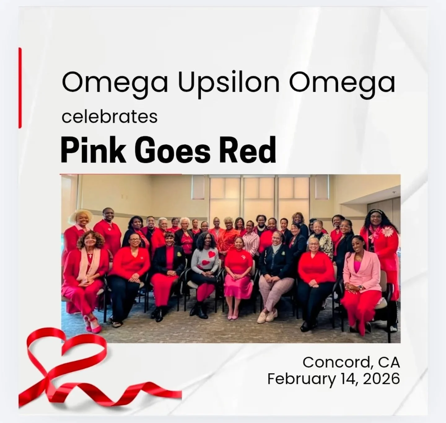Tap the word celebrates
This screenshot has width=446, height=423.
click(109, 117)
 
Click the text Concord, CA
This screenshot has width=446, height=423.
click(351, 362)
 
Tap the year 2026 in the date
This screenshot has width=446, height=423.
click(381, 379)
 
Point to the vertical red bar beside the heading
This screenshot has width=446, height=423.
click(20, 88)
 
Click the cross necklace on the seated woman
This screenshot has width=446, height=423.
click(90, 256)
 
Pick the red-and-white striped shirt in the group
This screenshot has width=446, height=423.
click(251, 242)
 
